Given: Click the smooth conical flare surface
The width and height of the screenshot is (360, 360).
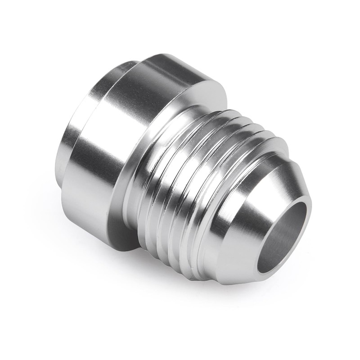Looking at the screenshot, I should click(x=252, y=211).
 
